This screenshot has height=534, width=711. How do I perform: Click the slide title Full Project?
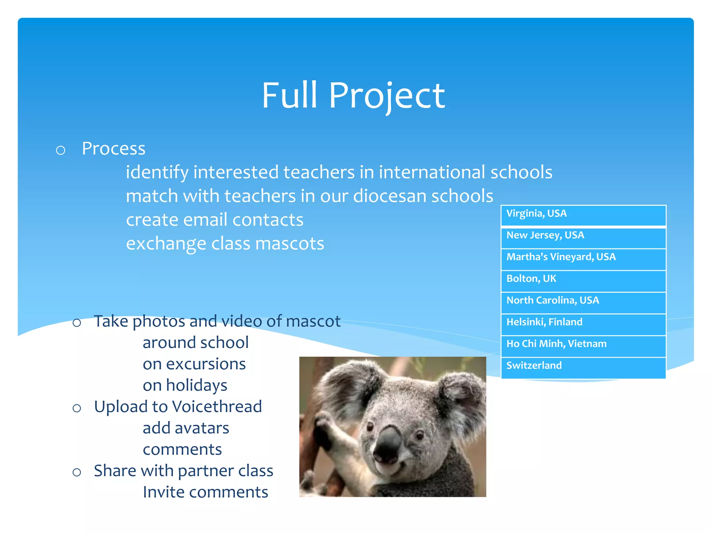(x=353, y=95)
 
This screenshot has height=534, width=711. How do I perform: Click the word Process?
(x=114, y=149)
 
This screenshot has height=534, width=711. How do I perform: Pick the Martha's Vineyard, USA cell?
(x=583, y=259)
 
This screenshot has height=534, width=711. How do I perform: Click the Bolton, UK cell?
(x=583, y=281)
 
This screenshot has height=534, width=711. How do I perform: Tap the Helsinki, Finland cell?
(x=583, y=324)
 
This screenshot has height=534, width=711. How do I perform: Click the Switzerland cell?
(x=583, y=368)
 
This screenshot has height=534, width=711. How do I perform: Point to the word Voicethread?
(x=217, y=407)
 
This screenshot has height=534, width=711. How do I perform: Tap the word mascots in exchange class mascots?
(x=290, y=244)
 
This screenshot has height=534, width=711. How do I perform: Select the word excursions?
(x=206, y=364)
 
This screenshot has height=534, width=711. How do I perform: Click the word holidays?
(x=196, y=386)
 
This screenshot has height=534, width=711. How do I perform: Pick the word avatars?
(x=202, y=428)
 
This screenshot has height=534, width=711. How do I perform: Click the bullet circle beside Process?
(x=61, y=150)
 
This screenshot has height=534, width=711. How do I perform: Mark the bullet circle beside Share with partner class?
(x=77, y=472)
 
